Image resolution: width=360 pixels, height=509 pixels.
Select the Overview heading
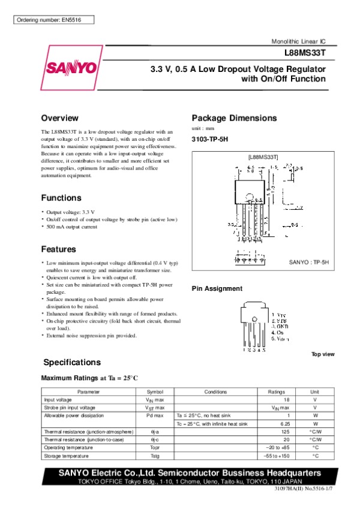[59, 118]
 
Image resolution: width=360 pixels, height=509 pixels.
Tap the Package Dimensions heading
[234, 118]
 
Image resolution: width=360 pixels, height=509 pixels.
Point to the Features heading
[58, 249]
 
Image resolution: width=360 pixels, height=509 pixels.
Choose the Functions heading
[61, 198]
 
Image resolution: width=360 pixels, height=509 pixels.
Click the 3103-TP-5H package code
[210, 139]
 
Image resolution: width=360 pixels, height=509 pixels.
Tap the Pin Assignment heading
[217, 288]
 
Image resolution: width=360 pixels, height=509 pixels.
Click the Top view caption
[323, 354]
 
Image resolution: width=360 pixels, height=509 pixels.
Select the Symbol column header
[155, 391]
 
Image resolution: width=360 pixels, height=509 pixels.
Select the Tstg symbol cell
[155, 456]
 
